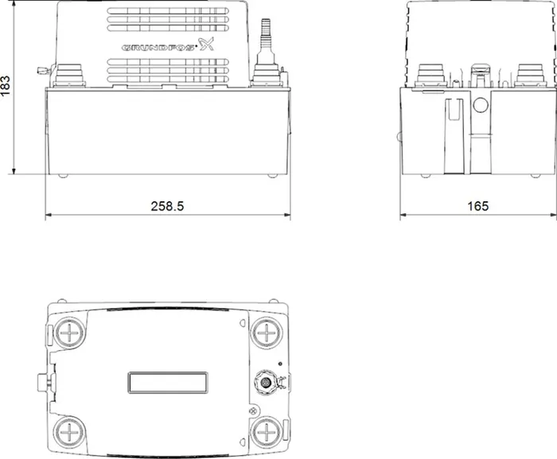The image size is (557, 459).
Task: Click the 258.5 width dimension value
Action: pos(167,206)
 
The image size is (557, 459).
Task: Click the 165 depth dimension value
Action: pos(477,206)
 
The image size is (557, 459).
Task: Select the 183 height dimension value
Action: pos(6,86)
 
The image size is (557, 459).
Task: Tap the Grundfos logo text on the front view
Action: pos(158,47)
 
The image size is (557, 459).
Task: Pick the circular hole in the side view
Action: pos(481,105)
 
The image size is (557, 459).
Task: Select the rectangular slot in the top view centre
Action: pos(168,383)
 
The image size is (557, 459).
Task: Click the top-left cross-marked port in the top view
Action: pos(69,333)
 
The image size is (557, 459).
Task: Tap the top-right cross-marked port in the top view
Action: pos(266,333)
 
